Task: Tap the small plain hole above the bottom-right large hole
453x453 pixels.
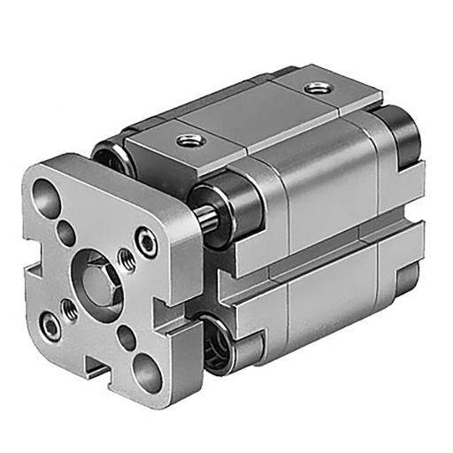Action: pos(127,335)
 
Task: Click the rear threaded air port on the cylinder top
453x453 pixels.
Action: pos(314,88)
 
